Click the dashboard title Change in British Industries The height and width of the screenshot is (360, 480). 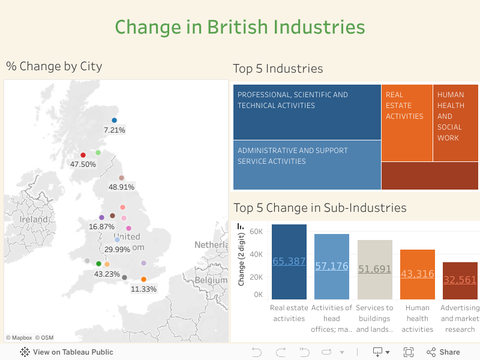click(240, 27)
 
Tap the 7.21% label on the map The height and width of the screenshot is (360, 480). click(114, 130)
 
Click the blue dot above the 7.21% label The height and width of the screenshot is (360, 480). click(114, 121)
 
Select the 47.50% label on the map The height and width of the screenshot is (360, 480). click(83, 164)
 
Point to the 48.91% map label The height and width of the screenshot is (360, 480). click(121, 187)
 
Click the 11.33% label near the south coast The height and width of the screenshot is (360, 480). click(143, 289)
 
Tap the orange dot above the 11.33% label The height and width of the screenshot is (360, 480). click(143, 280)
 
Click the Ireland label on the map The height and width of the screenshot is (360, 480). click(34, 220)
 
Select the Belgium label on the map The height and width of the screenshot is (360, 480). click(211, 280)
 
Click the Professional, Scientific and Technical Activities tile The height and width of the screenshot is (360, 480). click(307, 112)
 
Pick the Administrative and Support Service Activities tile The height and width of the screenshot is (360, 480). click(307, 165)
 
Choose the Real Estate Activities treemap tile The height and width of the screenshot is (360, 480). click(406, 123)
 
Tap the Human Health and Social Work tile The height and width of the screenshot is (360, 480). click(455, 123)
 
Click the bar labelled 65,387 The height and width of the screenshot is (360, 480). click(289, 262)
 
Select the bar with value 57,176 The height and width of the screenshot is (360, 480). click(332, 266)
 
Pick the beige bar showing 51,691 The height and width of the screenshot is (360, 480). click(374, 269)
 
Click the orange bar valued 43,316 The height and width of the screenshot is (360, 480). click(418, 274)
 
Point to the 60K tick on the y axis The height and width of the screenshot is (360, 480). click(256, 232)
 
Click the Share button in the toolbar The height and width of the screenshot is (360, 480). click(443, 352)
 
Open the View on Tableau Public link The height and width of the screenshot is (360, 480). click(67, 352)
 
